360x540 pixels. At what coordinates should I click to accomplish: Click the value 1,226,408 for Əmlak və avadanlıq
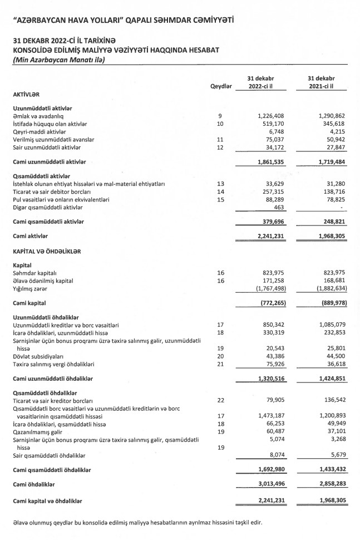pyautogui.click(x=272, y=115)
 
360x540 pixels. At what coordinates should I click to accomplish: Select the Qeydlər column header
pyautogui.click(x=221, y=87)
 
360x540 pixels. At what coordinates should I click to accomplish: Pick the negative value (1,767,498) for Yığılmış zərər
pyautogui.click(x=270, y=289)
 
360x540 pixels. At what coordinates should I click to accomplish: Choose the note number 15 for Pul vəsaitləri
pyautogui.click(x=221, y=199)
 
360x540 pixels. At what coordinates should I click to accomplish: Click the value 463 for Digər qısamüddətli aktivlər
pyautogui.click(x=279, y=207)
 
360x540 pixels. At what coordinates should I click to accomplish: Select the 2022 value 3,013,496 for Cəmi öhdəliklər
pyautogui.click(x=272, y=484)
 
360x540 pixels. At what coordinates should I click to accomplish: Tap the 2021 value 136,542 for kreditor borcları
pyautogui.click(x=334, y=400)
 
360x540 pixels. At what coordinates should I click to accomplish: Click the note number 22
pyautogui.click(x=221, y=400)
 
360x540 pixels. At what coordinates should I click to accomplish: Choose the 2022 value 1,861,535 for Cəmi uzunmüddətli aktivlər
pyautogui.click(x=272, y=161)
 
